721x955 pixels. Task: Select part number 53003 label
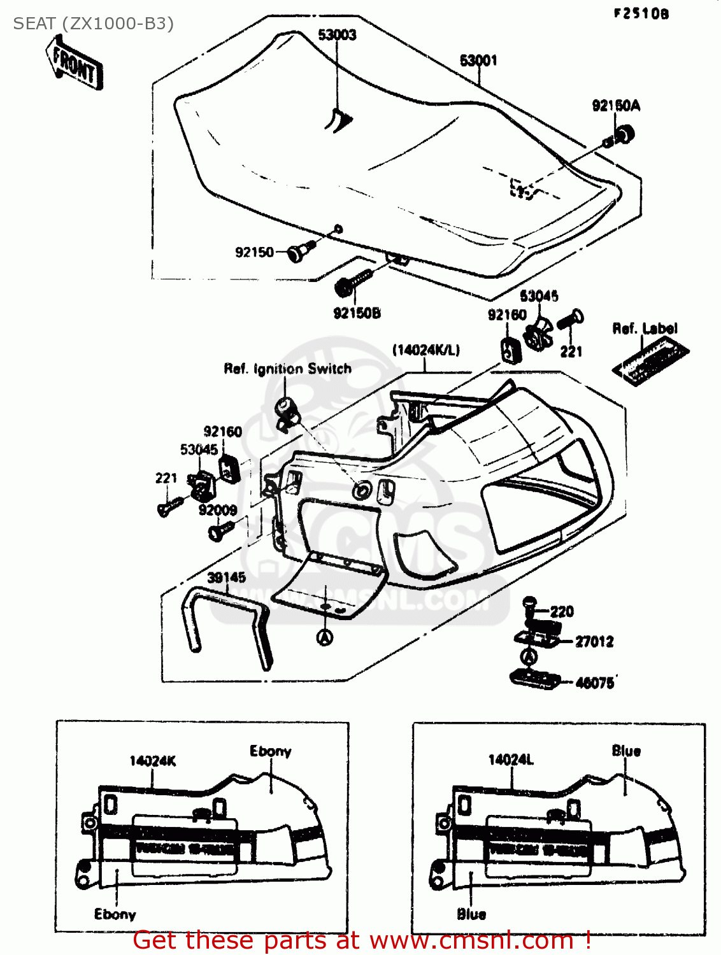tap(337, 35)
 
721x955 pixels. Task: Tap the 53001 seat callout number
tap(478, 60)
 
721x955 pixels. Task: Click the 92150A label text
tap(616, 106)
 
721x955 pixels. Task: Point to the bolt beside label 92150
tap(300, 250)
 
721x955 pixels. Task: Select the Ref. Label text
tap(645, 329)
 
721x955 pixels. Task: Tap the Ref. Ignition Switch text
tap(287, 369)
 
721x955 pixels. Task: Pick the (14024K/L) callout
tap(425, 350)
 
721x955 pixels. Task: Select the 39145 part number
tap(226, 577)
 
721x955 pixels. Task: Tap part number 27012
tap(594, 642)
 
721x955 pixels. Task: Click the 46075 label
tap(594, 683)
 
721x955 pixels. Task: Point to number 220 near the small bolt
tap(562, 612)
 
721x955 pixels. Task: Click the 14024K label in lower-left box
tap(152, 761)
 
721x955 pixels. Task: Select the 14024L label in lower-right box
tap(511, 760)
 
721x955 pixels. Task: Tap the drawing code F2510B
tap(641, 14)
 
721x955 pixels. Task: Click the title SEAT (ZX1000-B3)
tap(93, 24)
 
